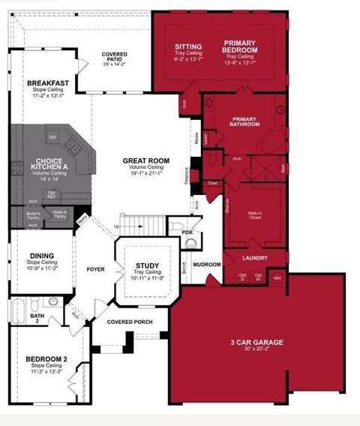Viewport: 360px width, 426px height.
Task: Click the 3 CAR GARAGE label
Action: pyautogui.click(x=256, y=343)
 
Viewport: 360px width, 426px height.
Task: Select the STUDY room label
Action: pyautogui.click(x=146, y=265)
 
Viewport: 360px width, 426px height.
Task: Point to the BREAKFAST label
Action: pyautogui.click(x=48, y=83)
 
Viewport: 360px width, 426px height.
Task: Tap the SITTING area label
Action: pyautogui.click(x=183, y=46)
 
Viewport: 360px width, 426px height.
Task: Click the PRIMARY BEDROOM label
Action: pyautogui.click(x=240, y=46)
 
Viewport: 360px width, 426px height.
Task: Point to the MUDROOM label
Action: pyautogui.click(x=206, y=264)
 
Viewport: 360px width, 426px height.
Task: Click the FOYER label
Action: pyautogui.click(x=95, y=269)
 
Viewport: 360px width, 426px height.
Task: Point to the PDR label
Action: pyautogui.click(x=187, y=233)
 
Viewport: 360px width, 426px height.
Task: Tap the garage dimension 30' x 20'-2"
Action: pyautogui.click(x=256, y=350)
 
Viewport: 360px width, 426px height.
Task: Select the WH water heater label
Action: pyautogui.click(x=277, y=277)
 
